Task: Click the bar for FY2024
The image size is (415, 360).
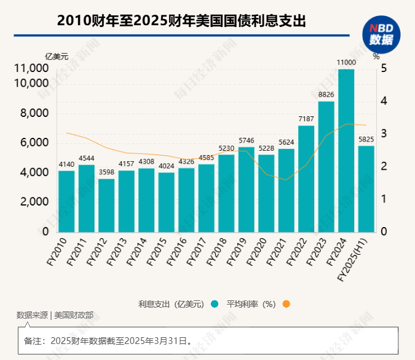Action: pos(346,151)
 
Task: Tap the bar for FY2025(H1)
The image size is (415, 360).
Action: pos(366,188)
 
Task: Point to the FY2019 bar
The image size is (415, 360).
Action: pos(246,189)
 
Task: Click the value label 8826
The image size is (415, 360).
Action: pos(326,94)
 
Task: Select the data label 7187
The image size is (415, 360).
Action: pos(306,119)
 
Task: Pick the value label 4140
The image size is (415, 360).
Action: pos(66,164)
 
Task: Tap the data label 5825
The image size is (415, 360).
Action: pos(366,139)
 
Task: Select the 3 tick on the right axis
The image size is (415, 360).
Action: pos(384,134)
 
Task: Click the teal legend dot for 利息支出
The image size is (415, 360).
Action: pos(214,304)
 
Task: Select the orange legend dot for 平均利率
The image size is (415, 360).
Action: pos(286,304)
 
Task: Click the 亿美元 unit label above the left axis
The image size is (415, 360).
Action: pos(56,57)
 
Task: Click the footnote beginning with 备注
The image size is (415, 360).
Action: pos(108,340)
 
